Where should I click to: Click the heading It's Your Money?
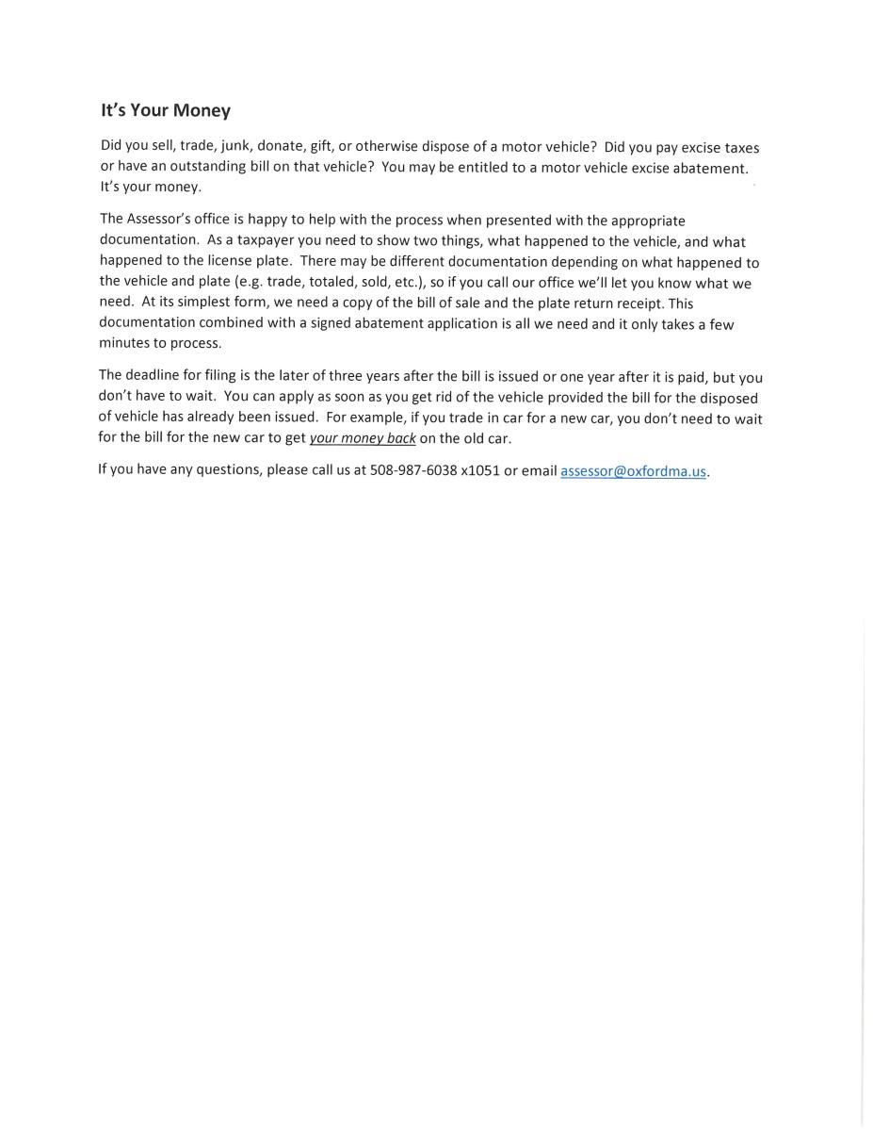pos(166,110)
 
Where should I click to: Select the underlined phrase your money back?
pos(363,438)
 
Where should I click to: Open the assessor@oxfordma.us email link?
pos(633,470)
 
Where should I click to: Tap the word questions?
pos(227,469)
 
